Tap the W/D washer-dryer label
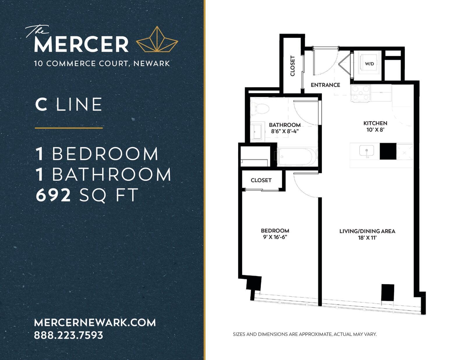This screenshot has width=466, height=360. [369, 64]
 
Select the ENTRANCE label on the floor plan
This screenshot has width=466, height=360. [325, 85]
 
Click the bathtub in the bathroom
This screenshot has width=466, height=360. [297, 156]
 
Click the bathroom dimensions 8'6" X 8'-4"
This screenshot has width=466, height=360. [285, 131]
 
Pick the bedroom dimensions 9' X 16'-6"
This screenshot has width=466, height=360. [275, 237]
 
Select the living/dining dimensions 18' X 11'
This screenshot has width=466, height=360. [367, 238]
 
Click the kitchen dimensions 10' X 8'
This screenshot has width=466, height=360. [375, 130]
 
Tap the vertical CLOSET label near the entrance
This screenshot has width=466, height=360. [292, 66]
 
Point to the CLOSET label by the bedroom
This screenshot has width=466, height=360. [261, 180]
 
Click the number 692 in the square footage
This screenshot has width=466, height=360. [53, 195]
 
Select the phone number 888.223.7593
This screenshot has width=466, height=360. [68, 335]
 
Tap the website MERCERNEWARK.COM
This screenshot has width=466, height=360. [95, 322]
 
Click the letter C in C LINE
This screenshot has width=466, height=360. [41, 104]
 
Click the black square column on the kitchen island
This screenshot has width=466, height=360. [388, 151]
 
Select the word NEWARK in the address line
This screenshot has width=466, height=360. [152, 63]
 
